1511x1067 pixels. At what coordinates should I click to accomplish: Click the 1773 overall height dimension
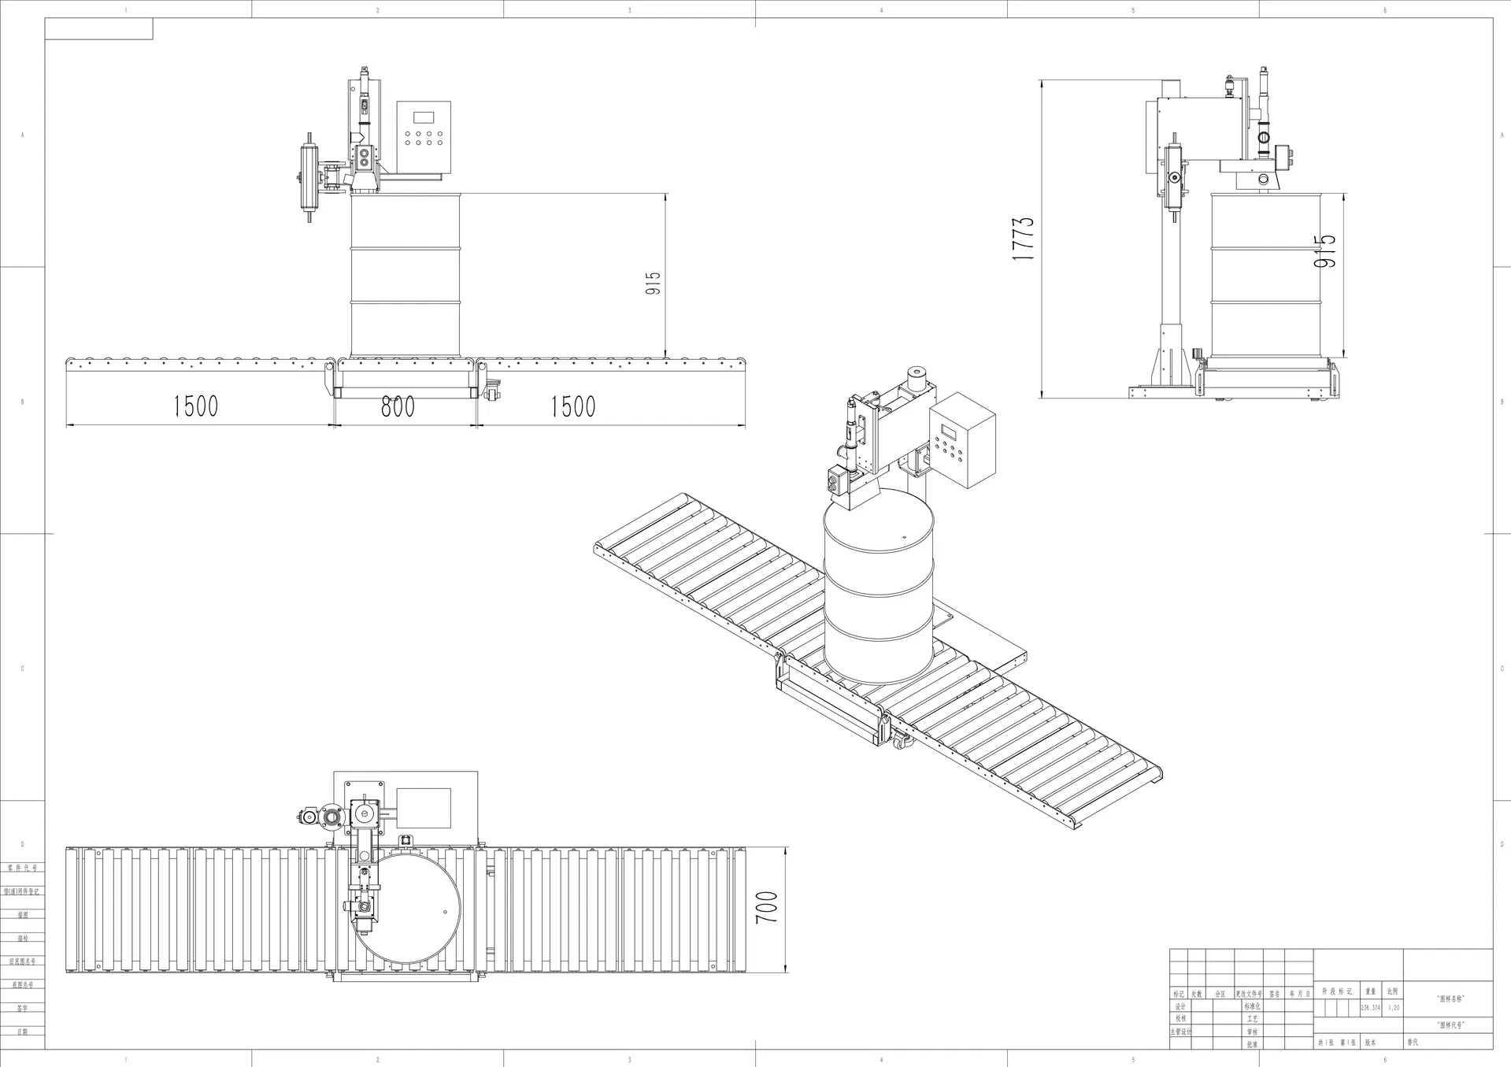pyautogui.click(x=1023, y=239)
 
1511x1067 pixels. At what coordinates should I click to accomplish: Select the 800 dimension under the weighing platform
pyautogui.click(x=398, y=406)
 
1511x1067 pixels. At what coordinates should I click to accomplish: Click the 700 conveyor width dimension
pyautogui.click(x=766, y=907)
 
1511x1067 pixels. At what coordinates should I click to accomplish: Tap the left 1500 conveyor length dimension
pyautogui.click(x=195, y=406)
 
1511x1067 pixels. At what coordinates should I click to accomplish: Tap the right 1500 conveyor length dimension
pyautogui.click(x=572, y=406)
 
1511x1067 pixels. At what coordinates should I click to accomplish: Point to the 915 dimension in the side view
pyautogui.click(x=1325, y=250)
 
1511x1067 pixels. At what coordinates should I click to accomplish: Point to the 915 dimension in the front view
pyautogui.click(x=653, y=283)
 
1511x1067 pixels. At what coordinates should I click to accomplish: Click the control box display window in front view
pyautogui.click(x=424, y=117)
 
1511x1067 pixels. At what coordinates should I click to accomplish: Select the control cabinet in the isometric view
pyautogui.click(x=962, y=439)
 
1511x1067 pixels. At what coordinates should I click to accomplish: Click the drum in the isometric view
pyautogui.click(x=878, y=591)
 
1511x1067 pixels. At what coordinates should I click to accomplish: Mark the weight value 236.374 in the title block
pyautogui.click(x=1370, y=1008)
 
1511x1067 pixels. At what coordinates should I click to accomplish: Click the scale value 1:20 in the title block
pyautogui.click(x=1394, y=1008)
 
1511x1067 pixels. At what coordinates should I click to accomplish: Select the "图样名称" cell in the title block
pyautogui.click(x=1450, y=998)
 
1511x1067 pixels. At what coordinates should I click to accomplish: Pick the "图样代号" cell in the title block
pyautogui.click(x=1450, y=1025)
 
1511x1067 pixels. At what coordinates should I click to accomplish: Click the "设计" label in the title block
pyautogui.click(x=1180, y=1007)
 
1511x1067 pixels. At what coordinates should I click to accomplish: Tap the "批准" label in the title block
pyautogui.click(x=1251, y=1044)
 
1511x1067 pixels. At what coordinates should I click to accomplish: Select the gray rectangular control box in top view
pyautogui.click(x=424, y=807)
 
